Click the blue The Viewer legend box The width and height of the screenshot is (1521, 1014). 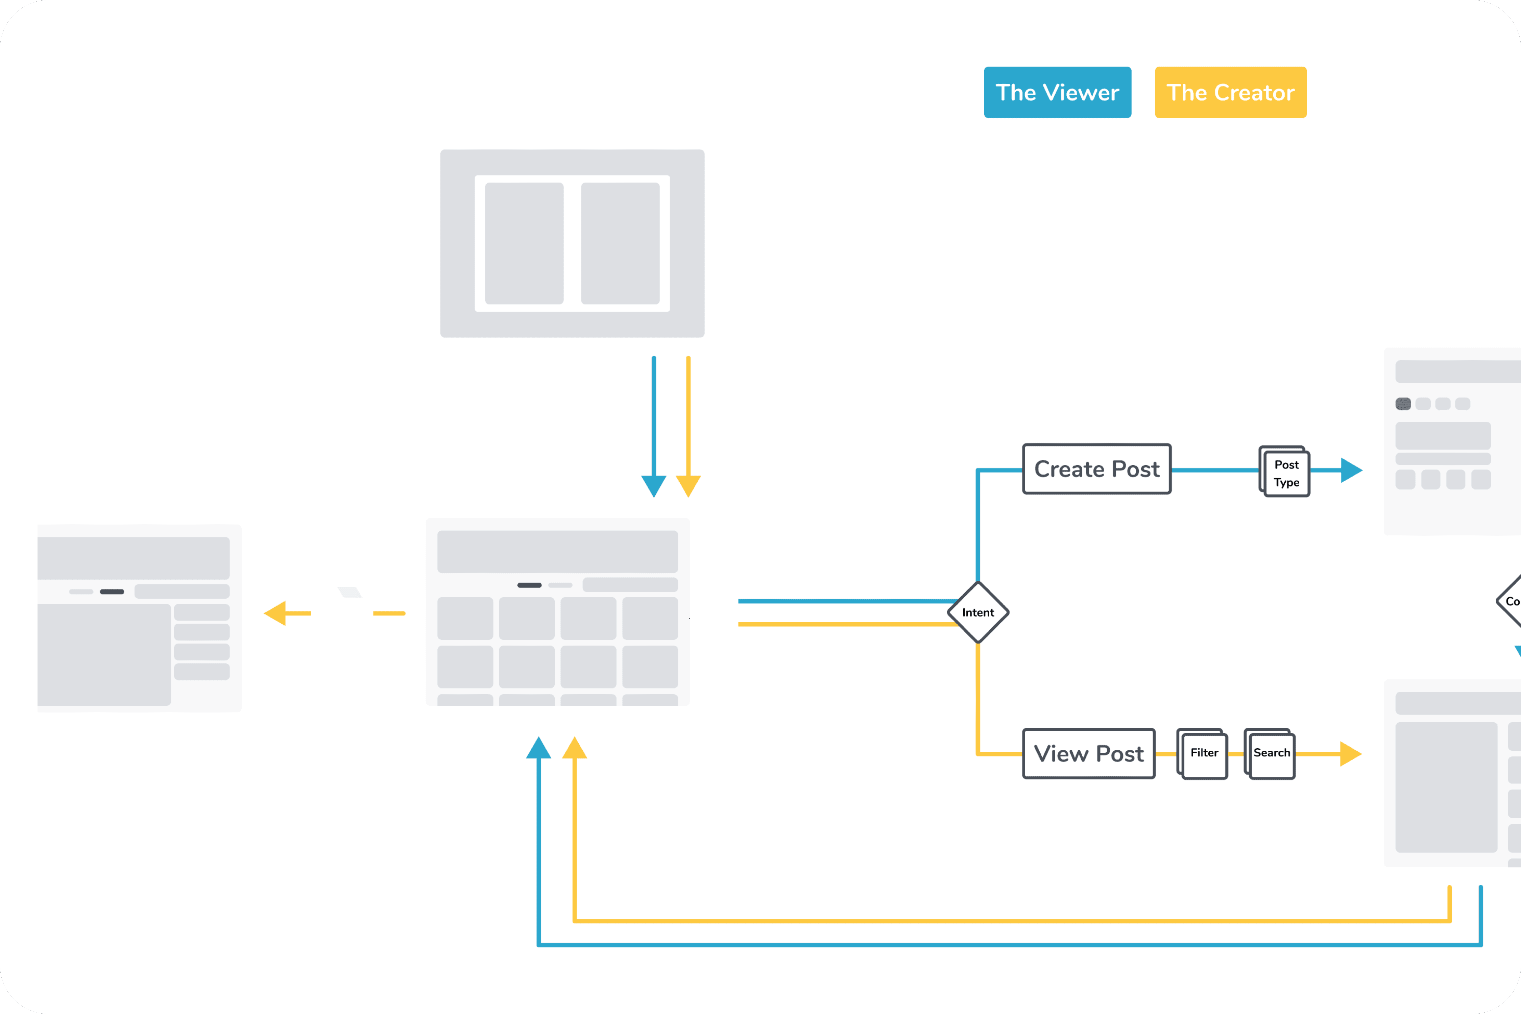click(1057, 93)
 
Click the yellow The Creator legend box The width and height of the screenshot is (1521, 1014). click(1231, 93)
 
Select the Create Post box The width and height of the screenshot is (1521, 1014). click(1097, 469)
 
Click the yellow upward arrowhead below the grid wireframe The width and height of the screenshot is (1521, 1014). click(574, 748)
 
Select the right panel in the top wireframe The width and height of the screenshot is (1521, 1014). click(620, 243)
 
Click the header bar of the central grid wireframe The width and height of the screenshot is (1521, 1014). click(557, 552)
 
